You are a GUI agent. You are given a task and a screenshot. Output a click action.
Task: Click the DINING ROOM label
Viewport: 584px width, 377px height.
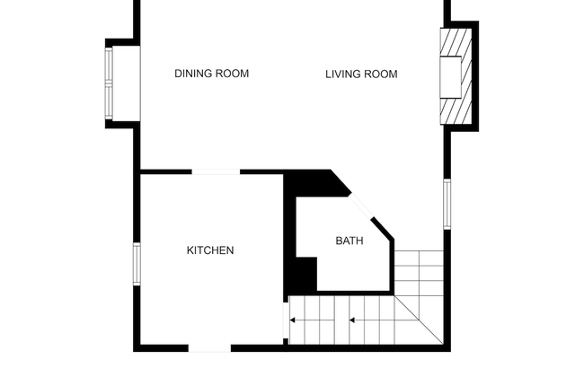[211, 74]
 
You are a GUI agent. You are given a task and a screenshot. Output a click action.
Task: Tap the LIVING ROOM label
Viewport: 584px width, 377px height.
[361, 75]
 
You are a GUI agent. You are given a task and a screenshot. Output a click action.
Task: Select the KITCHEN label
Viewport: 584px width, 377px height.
[210, 250]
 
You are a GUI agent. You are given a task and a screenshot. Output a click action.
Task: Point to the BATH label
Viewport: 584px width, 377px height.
[350, 241]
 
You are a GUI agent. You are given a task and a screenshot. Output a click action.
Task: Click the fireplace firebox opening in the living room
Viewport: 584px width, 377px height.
[451, 77]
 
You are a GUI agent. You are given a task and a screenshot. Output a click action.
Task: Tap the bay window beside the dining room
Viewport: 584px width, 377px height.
[109, 83]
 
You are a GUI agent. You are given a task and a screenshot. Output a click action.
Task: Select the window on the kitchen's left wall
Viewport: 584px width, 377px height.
[137, 264]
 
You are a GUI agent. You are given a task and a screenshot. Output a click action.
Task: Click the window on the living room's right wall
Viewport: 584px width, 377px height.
[447, 204]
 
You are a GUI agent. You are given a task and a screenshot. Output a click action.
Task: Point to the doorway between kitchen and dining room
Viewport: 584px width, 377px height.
[216, 172]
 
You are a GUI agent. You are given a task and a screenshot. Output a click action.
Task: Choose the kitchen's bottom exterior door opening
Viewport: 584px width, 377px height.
[209, 348]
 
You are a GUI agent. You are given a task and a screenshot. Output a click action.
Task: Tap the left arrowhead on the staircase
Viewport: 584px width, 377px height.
[292, 320]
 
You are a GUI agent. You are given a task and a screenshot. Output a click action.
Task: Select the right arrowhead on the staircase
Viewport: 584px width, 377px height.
[352, 320]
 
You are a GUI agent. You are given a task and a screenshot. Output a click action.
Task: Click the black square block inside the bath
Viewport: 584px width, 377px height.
[306, 275]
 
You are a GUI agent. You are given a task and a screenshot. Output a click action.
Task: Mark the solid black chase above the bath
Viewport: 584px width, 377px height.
[316, 183]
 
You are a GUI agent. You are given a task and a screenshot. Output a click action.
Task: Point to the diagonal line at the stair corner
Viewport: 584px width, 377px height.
[419, 320]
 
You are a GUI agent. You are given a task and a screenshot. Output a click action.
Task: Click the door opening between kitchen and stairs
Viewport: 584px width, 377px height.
[286, 320]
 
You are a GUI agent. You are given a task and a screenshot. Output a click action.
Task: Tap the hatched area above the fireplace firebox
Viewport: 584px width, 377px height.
[456, 43]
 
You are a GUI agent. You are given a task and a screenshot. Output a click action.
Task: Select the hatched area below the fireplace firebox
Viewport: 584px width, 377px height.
[456, 111]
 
